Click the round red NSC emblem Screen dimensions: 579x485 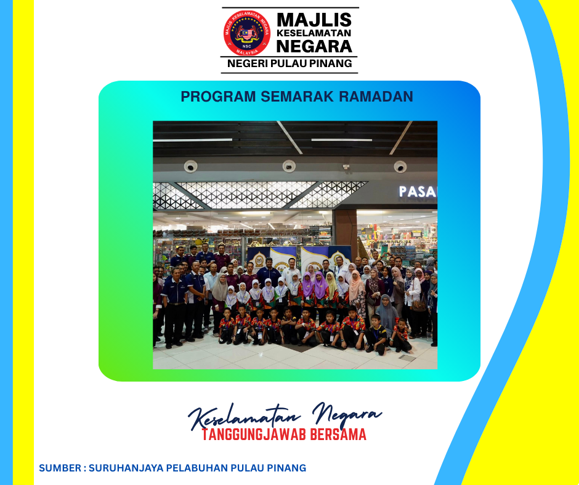[247, 33]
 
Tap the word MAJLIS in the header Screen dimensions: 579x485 [314, 20]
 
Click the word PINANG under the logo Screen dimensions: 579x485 [330, 63]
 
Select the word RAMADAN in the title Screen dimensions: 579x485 [376, 97]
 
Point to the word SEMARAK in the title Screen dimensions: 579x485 [298, 97]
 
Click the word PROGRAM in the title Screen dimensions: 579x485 [218, 97]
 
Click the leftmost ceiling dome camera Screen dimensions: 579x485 [190, 166]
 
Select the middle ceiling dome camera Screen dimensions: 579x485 [289, 166]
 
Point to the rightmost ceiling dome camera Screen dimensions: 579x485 [400, 167]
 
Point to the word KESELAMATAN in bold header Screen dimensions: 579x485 [314, 33]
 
